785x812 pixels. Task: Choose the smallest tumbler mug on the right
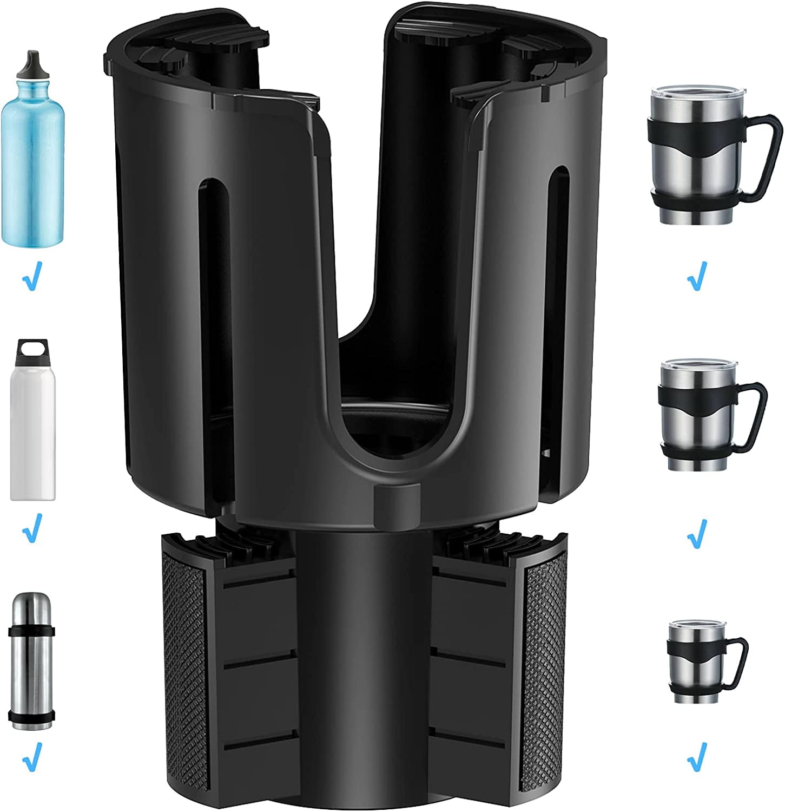point(687,666)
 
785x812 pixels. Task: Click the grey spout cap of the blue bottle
point(31,65)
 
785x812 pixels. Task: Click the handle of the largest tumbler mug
point(762,162)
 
